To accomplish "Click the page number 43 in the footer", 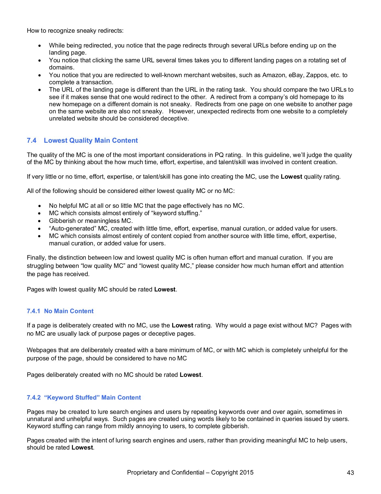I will (350, 473).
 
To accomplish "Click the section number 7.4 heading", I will (31, 141).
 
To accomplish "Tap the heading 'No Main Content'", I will (69, 311).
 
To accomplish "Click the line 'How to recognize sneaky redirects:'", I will (75, 30).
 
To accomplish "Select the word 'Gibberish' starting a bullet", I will (62, 221).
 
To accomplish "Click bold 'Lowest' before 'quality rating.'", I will (291, 176).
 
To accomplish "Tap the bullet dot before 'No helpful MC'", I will (40, 206).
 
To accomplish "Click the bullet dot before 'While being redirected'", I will (40, 46).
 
